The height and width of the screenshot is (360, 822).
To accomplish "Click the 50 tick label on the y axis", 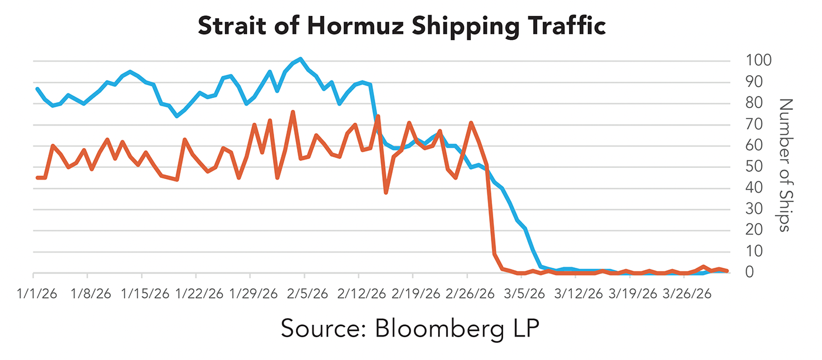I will tap(754, 166).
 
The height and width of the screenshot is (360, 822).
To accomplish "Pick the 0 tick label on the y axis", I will tap(749, 272).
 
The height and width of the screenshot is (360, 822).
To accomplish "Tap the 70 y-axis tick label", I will tap(754, 124).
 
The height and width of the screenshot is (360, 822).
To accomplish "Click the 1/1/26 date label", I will tap(36, 292).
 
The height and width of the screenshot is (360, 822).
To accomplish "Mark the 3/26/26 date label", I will tap(688, 292).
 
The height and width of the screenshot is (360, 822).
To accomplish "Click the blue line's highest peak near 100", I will tap(301, 59).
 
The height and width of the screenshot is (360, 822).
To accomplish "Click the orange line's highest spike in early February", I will tap(292, 112).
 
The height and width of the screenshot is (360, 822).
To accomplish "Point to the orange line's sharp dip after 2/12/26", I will tap(386, 192).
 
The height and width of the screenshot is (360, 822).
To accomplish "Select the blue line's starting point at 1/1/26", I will tap(37, 89).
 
